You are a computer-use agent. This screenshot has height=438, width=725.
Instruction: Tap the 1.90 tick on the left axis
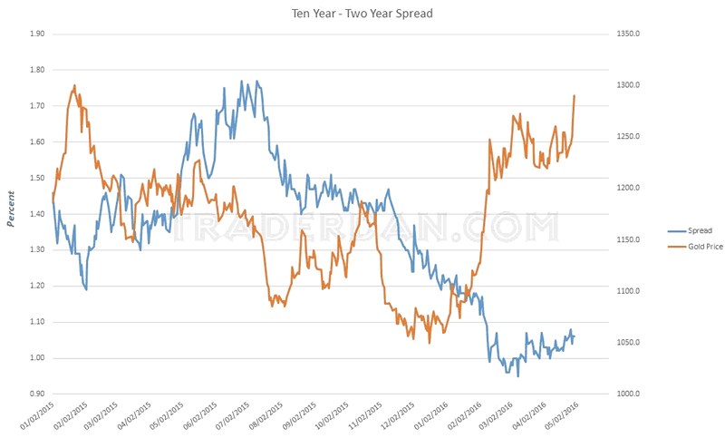click(37, 34)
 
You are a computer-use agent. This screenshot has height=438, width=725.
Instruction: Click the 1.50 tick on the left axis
click(37, 178)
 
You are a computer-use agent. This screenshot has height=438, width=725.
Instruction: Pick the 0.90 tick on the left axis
click(37, 394)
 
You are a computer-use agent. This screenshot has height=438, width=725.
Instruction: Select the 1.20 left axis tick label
click(37, 286)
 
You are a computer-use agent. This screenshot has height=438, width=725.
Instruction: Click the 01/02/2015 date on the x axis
click(36, 417)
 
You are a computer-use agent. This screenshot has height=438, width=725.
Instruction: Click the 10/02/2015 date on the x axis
click(331, 417)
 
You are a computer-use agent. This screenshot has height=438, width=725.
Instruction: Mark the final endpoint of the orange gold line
click(575, 95)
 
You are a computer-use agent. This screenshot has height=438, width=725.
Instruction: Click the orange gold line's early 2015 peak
click(73, 85)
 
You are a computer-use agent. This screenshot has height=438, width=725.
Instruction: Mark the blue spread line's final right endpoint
click(575, 337)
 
